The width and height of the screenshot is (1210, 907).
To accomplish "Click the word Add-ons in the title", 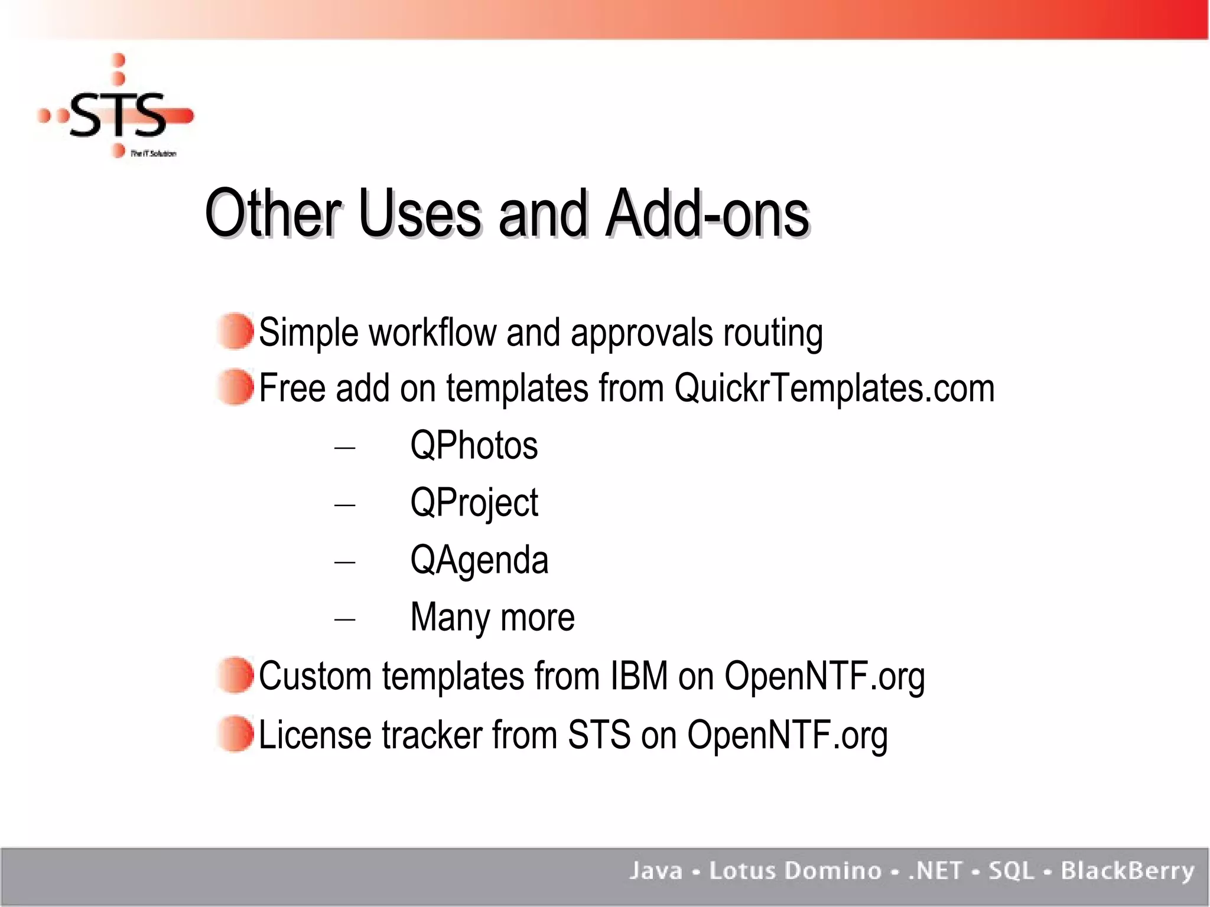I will click(x=707, y=214).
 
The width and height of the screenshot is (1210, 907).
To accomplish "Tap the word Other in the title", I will click(x=274, y=214).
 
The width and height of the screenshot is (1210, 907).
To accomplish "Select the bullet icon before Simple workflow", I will click(x=235, y=331).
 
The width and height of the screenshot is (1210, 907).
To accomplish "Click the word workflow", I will click(x=432, y=332).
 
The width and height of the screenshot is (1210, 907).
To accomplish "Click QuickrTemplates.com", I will click(x=834, y=389).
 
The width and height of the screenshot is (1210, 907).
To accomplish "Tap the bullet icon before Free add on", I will click(x=235, y=387).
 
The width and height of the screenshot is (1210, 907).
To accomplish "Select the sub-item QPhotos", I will click(x=474, y=445).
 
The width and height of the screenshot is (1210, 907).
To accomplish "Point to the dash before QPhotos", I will click(x=344, y=448).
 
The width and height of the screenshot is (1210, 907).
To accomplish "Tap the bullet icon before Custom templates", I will click(x=235, y=675).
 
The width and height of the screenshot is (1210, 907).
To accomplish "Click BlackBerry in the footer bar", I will click(x=1127, y=871).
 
